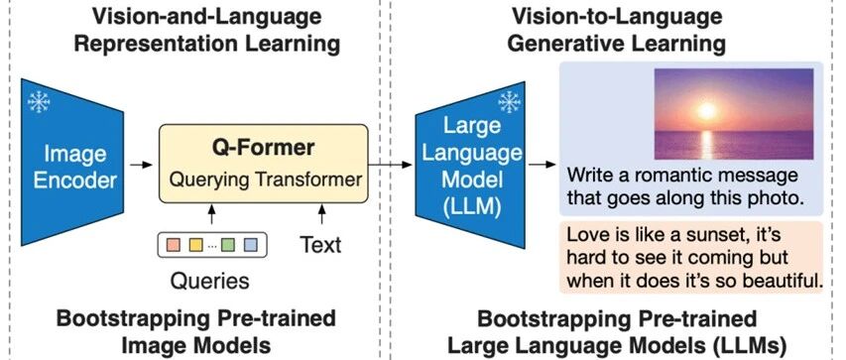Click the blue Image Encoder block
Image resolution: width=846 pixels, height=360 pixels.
[71, 163]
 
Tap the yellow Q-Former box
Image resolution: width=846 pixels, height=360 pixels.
[263, 164]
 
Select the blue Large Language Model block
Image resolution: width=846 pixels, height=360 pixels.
[470, 165]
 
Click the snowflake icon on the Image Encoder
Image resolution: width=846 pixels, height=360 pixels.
[39, 101]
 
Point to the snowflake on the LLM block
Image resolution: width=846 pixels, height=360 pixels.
[509, 102]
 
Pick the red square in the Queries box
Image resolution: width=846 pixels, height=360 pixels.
[174, 245]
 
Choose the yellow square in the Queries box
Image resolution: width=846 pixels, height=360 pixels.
[195, 245]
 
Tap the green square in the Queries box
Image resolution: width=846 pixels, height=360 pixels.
[228, 245]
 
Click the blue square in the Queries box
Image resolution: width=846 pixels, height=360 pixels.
[250, 245]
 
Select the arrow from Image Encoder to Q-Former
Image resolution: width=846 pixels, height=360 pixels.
[142, 164]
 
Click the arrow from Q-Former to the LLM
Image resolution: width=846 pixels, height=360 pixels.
[391, 164]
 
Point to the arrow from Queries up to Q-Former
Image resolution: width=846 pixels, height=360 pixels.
[211, 214]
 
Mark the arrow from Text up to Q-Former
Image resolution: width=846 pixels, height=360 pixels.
[322, 214]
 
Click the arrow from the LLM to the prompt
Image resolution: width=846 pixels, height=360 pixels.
[543, 164]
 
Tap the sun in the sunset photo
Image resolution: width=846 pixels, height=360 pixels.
[706, 111]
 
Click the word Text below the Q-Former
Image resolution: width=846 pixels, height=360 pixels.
[320, 245]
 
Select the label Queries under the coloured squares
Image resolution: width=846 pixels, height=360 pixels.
[210, 281]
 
